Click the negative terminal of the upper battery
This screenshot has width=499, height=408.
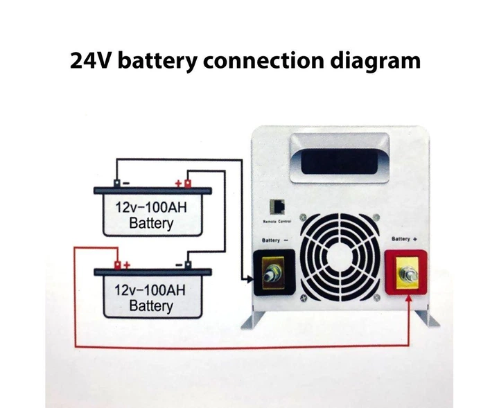(117, 184)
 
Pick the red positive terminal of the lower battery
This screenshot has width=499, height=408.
(119, 265)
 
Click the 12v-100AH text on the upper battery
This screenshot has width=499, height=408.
(151, 207)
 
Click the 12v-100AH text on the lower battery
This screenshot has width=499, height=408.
(151, 289)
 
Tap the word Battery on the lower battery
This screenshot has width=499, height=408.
(151, 305)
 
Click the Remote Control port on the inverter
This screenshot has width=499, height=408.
(277, 208)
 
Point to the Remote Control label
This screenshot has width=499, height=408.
(275, 222)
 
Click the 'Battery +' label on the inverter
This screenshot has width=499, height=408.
(406, 238)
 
